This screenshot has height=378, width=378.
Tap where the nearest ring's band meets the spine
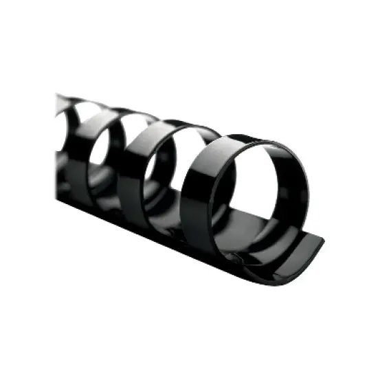[206, 237]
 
